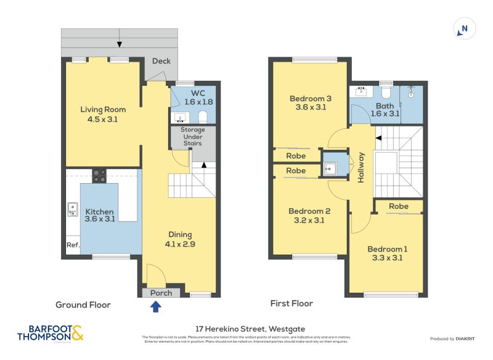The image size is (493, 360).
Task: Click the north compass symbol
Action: (x=465, y=28)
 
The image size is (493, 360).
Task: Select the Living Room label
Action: (x=99, y=110)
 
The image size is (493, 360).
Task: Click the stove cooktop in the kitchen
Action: (x=99, y=176)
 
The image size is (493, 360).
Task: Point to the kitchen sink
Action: (x=73, y=210)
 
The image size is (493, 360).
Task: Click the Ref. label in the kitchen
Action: (x=73, y=245)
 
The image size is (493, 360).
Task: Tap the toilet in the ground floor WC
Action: (x=203, y=117)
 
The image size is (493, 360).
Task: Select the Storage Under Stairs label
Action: (x=192, y=137)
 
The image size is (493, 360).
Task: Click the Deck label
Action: (x=161, y=61)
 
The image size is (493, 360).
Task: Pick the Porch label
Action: (x=161, y=293)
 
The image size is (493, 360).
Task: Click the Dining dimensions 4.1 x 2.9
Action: (x=180, y=244)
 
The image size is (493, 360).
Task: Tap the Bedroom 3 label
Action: (x=311, y=98)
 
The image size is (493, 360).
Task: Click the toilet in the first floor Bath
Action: (x=386, y=93)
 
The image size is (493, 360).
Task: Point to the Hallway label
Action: (x=361, y=166)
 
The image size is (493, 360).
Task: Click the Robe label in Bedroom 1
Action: (x=399, y=206)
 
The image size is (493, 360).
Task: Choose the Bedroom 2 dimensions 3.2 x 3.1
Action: (x=310, y=221)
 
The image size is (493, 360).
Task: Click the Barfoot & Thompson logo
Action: (x=49, y=333)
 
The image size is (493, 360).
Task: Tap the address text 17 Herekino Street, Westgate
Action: (x=246, y=329)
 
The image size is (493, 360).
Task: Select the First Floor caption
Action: (x=291, y=303)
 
